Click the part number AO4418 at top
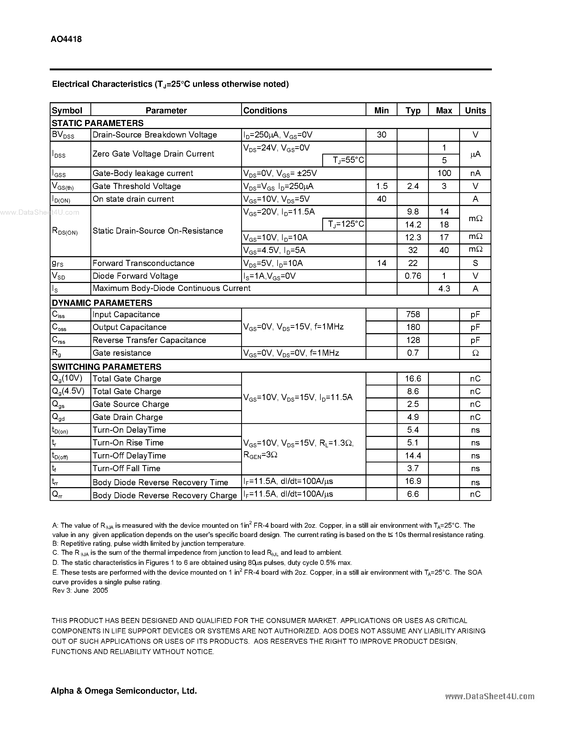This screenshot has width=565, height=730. pyautogui.click(x=66, y=39)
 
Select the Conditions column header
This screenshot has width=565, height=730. pyautogui.click(x=265, y=110)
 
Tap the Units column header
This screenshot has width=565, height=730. pyautogui.click(x=475, y=110)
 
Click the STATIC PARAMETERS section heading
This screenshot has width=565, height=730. pyautogui.click(x=97, y=123)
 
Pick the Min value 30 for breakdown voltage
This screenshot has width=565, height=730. pyautogui.click(x=381, y=135)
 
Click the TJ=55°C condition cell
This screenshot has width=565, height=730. pyautogui.click(x=348, y=160)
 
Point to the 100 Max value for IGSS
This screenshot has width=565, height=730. pyautogui.click(x=444, y=173)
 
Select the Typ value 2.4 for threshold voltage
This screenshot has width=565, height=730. pyautogui.click(x=413, y=186)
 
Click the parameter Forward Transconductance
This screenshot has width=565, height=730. pyautogui.click(x=143, y=263)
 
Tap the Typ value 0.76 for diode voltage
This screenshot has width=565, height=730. pyautogui.click(x=413, y=276)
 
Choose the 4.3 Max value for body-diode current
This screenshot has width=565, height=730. pyautogui.click(x=444, y=289)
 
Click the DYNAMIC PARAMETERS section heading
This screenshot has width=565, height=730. pyautogui.click(x=102, y=303)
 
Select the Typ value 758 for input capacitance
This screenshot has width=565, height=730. pyautogui.click(x=413, y=315)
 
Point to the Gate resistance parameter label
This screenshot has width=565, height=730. pyautogui.click(x=122, y=353)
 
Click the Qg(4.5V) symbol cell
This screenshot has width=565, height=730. pyautogui.click(x=68, y=391)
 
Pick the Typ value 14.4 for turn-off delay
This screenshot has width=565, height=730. pyautogui.click(x=413, y=456)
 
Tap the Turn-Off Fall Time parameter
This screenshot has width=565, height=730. pyautogui.click(x=127, y=468)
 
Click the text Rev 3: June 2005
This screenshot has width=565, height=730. pyautogui.click(x=80, y=591)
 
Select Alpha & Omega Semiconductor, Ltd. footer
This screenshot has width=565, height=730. pyautogui.click(x=124, y=690)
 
